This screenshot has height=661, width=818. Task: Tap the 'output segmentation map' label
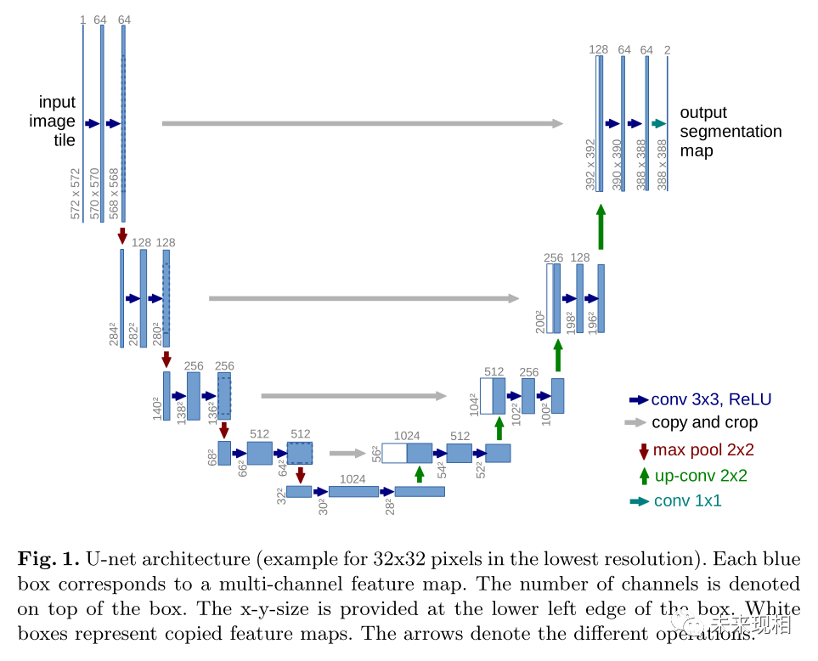click(730, 132)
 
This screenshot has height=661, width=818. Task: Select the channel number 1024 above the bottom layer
click(353, 479)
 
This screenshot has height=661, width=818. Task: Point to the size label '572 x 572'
click(76, 194)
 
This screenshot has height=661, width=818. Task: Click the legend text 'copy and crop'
click(704, 422)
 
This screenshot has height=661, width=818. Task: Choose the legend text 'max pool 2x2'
click(703, 449)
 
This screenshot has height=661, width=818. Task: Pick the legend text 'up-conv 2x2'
click(701, 476)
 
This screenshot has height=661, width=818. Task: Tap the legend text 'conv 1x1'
click(687, 501)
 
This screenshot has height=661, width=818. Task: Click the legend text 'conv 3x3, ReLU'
click(711, 399)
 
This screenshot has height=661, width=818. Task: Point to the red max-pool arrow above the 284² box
click(122, 235)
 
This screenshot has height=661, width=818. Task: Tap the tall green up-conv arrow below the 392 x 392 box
click(601, 227)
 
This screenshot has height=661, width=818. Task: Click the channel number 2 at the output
click(668, 50)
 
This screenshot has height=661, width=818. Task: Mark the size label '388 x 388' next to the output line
click(663, 165)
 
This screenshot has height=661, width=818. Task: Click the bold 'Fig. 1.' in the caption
click(48, 559)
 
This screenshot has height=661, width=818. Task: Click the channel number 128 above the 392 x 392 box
click(599, 50)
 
